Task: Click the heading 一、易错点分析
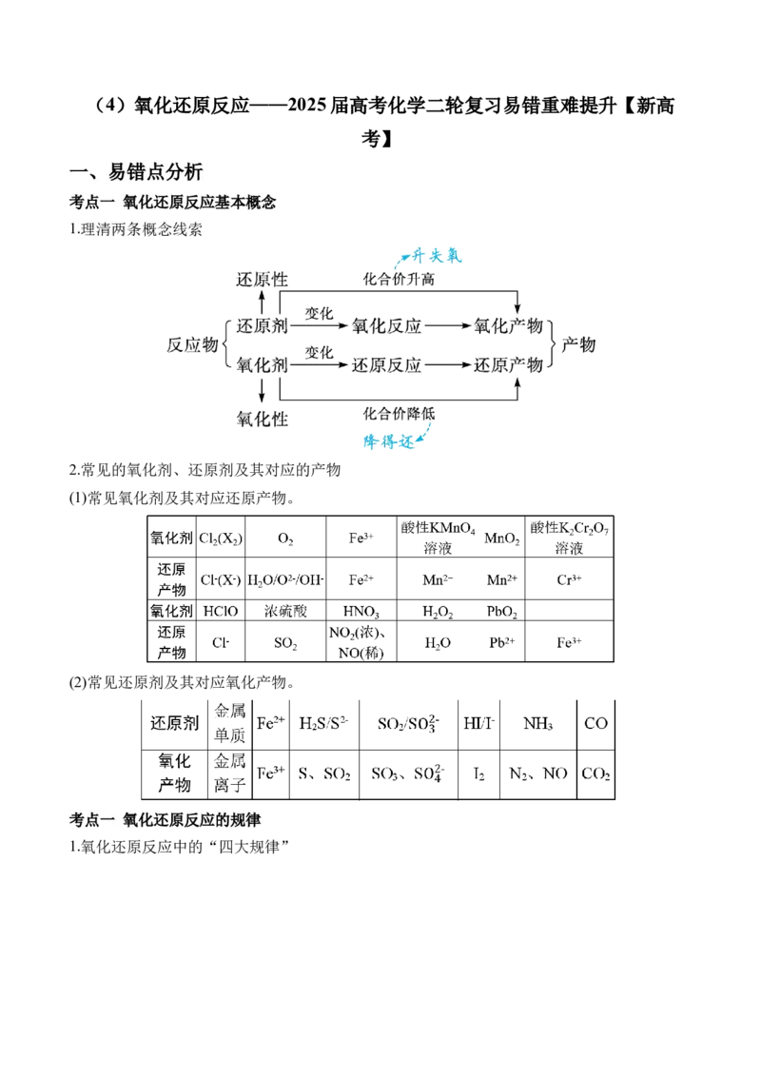click(x=136, y=171)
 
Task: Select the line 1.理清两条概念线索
click(x=136, y=229)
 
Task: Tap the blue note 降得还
click(x=392, y=442)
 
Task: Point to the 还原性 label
click(x=262, y=281)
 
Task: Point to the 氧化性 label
click(x=262, y=417)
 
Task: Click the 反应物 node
click(x=192, y=345)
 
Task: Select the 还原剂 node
click(x=262, y=325)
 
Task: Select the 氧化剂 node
click(x=262, y=365)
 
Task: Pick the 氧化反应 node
click(x=386, y=325)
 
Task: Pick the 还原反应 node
click(x=386, y=365)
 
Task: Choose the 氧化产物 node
click(x=508, y=325)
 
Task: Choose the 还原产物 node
click(x=508, y=365)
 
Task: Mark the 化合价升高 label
click(x=400, y=281)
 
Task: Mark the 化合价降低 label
click(x=400, y=414)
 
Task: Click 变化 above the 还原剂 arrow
click(x=319, y=312)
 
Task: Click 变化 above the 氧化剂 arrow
click(x=319, y=352)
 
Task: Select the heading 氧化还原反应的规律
click(x=167, y=820)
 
